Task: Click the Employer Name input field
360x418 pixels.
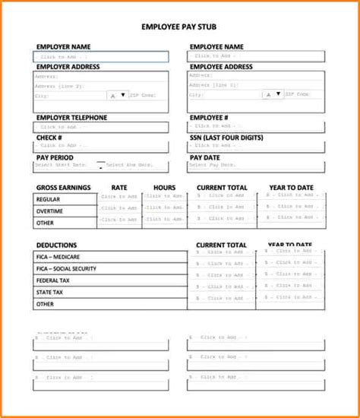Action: tap(101, 57)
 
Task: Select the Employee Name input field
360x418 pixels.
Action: tap(257, 56)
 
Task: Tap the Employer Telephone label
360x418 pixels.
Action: tap(71, 118)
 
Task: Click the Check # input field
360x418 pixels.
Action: tap(101, 145)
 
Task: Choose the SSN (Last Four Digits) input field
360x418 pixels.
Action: tap(257, 145)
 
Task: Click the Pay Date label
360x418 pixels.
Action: tap(204, 157)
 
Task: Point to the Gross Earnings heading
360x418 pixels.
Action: tap(63, 187)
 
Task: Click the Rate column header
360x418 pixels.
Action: tap(119, 187)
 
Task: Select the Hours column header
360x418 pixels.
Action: tap(164, 187)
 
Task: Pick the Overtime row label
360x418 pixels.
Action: tap(49, 211)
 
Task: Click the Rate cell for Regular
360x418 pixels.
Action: tap(119, 198)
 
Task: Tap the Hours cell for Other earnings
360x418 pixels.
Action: tap(164, 220)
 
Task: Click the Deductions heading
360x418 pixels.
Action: tap(56, 245)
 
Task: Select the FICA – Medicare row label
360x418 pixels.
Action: tap(61, 257)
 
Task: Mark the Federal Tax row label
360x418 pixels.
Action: tap(53, 280)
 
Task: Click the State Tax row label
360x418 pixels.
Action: tap(49, 291)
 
